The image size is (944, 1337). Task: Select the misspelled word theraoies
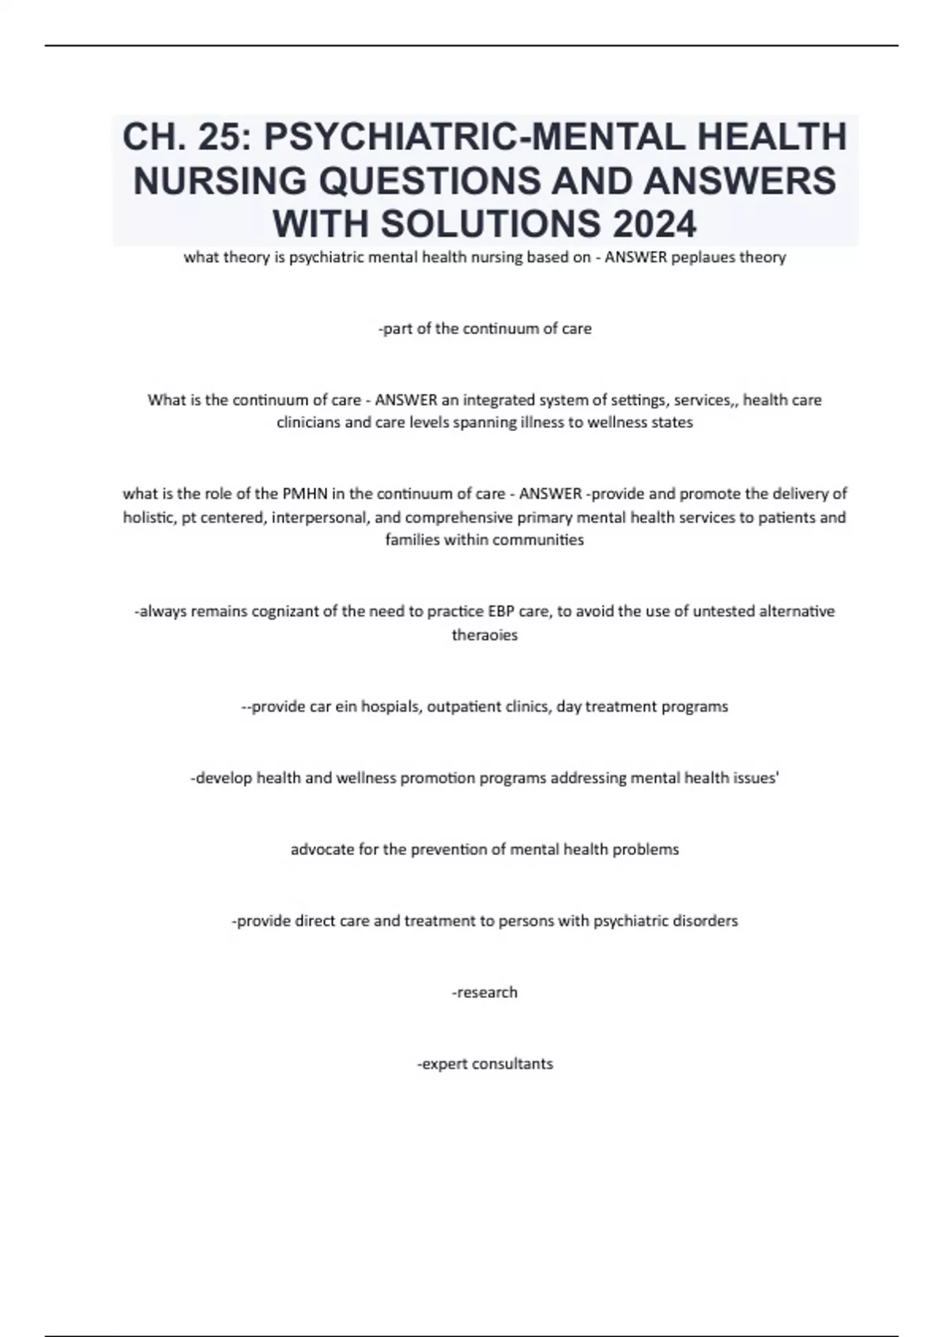(485, 635)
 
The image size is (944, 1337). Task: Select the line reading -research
(485, 993)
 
